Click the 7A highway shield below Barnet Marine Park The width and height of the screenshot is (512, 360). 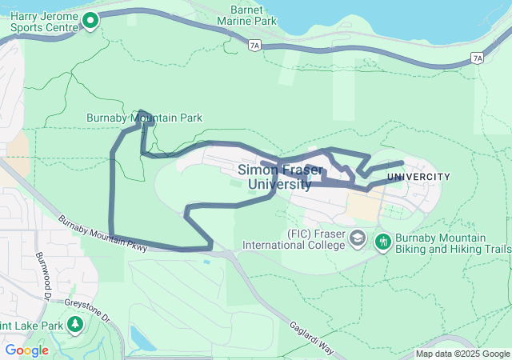254,46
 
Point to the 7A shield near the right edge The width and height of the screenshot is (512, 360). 478,58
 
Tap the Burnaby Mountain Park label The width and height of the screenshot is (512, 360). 144,118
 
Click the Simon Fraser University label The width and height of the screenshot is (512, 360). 274,177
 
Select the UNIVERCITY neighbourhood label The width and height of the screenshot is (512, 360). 418,177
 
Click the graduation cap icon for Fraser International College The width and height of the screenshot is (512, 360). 358,239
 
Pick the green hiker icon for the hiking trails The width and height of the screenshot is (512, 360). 382,240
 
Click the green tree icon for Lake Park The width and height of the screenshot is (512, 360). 76,324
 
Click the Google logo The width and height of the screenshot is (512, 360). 26,350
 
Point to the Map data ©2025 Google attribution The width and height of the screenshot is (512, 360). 462,354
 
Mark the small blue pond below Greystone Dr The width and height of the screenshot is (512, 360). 142,340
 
